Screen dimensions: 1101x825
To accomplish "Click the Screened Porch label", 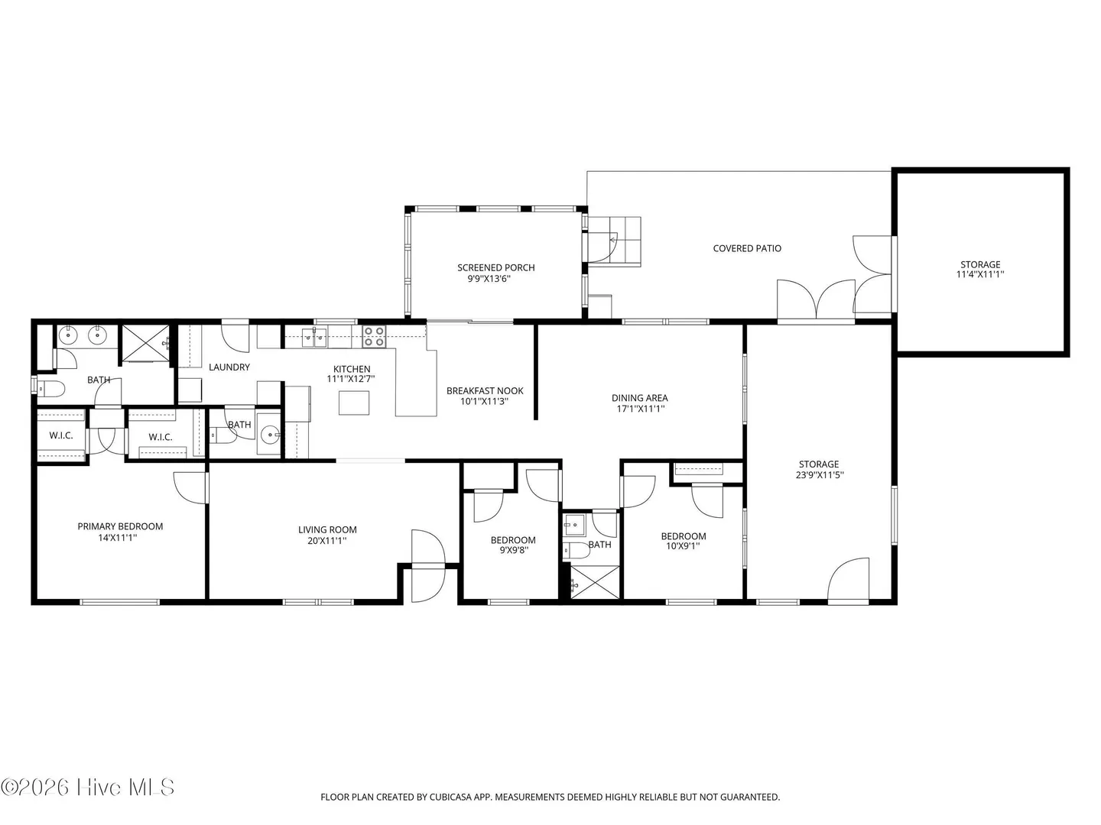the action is (495, 267).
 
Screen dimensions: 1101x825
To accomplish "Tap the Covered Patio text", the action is (747, 248).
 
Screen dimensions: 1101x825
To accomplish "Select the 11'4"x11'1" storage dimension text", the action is (979, 274).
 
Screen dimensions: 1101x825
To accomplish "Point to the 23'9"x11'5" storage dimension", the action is (819, 474).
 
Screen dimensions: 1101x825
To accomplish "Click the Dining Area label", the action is (639, 398).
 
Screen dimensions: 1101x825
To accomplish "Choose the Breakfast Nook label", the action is (485, 390).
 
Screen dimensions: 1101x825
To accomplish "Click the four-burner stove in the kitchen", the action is (374, 337).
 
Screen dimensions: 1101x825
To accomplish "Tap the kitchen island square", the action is (354, 403).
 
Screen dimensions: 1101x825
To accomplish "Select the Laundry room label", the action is (229, 367).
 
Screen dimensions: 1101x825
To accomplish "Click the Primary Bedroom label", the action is (120, 526).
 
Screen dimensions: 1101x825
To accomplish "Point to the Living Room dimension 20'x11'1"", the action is (327, 541).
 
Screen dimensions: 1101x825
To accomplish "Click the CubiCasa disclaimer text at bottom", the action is (550, 797).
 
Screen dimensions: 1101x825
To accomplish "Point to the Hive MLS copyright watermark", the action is (87, 787).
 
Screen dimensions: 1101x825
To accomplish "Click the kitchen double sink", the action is (314, 338).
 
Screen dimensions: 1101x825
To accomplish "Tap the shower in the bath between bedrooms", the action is (595, 582).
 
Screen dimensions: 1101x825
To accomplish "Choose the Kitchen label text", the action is (352, 369).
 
